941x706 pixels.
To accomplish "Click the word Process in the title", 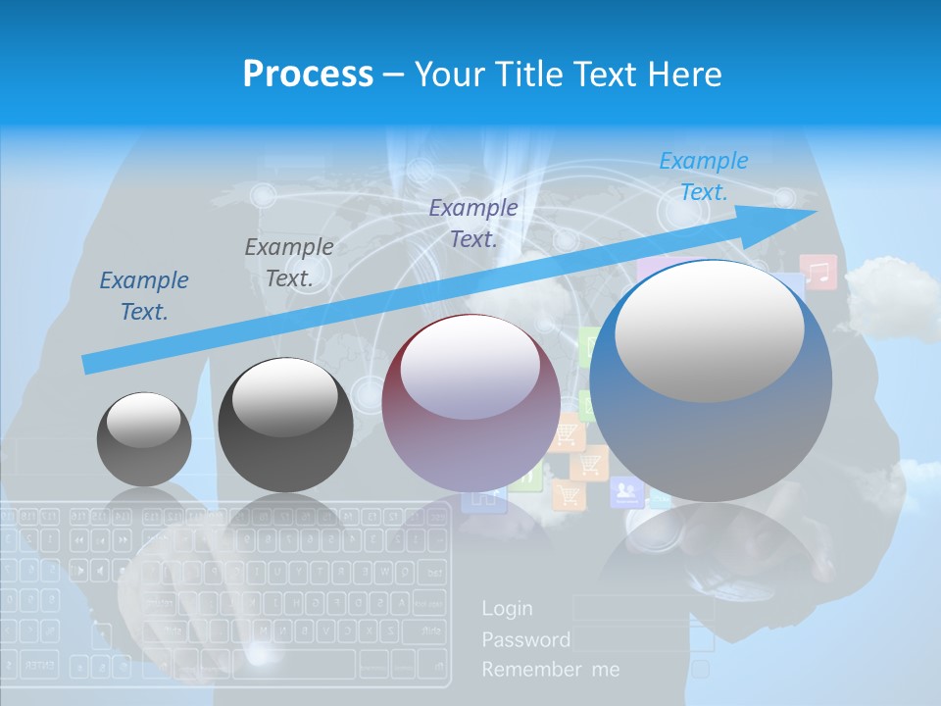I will tap(308, 74).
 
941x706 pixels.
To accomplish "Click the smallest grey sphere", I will tap(144, 439).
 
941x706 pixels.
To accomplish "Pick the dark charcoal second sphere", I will tap(285, 426).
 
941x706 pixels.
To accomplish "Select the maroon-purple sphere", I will tap(470, 402).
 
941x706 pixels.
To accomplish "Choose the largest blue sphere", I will tap(711, 382).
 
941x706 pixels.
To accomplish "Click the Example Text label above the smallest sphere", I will tap(144, 296).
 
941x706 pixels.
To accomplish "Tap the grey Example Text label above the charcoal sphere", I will tap(289, 263).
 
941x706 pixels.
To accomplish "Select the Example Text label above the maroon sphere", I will tap(473, 223).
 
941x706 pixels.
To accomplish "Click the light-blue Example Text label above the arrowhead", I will tap(704, 176).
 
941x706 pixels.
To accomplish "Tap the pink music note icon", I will tap(817, 272).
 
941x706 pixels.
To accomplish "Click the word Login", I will tap(508, 609).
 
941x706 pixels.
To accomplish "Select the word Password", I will tap(525, 640).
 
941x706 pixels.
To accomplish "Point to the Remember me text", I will tap(551, 670).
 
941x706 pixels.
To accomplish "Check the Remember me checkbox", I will tap(700, 670).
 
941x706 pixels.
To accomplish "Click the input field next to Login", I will tap(642, 609).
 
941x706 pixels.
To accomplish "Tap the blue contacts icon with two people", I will tap(626, 490).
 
